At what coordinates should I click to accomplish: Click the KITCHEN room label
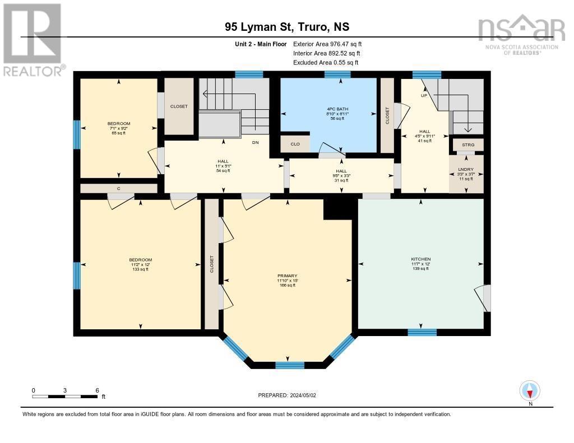pos(420,259)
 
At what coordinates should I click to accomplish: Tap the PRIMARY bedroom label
pos(287,276)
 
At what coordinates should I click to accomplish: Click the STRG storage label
pos(468,145)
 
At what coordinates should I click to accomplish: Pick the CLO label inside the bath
pos(295,144)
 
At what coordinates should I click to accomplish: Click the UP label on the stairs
pos(424,95)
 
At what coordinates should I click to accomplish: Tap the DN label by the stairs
pos(255,143)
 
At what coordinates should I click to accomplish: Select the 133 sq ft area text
pos(140,269)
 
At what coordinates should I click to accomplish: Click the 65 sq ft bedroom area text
pos(119,133)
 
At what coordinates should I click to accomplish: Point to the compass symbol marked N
pos(530,391)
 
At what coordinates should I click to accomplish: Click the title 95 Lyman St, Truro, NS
pos(286,26)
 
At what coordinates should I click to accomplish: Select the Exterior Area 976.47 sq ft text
pos(331,44)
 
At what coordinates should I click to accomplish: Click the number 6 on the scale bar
pos(97,390)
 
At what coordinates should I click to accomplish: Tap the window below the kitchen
pos(422,332)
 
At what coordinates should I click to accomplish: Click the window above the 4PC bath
pos(338,74)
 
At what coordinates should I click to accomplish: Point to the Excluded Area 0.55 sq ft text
pos(326,63)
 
